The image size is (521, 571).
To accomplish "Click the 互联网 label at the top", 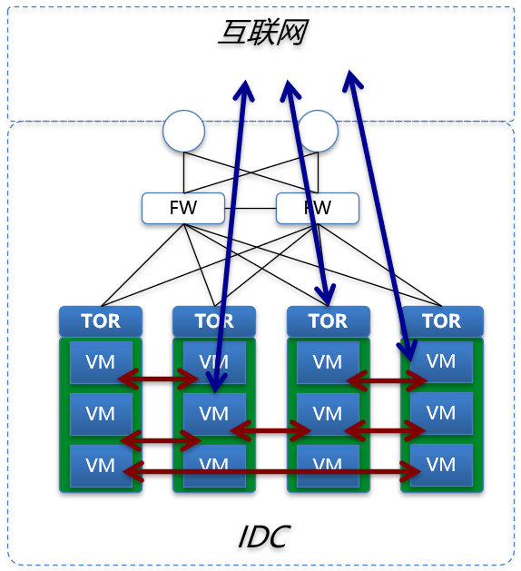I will tap(261, 34).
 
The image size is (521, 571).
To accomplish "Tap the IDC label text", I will tap(262, 537).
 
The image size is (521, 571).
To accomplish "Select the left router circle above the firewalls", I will tap(183, 132).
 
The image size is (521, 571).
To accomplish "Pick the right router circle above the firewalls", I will tap(318, 132).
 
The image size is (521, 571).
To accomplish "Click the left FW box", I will tap(182, 208).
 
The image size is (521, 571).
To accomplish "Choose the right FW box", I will tap(317, 208).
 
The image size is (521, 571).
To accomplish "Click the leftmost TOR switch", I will tap(101, 320).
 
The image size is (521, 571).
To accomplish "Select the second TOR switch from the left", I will tap(214, 320).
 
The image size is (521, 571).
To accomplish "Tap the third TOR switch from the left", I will tap(328, 320).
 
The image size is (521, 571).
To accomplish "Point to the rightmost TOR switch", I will tap(441, 320).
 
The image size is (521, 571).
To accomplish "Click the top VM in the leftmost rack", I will tap(101, 361).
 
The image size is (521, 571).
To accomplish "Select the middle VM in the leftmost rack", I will tap(101, 413).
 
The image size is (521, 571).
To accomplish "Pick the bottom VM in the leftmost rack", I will tap(101, 465).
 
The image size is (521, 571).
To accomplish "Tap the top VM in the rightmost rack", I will tap(441, 361).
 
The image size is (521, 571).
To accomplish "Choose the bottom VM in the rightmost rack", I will tap(441, 465).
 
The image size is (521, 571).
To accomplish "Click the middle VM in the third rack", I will tap(328, 413).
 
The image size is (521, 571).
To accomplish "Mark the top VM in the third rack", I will tap(328, 361).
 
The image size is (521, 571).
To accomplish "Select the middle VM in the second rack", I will tap(214, 413).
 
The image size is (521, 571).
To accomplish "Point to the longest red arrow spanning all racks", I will tap(272, 472).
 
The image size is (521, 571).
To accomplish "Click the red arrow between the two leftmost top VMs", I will tap(158, 377).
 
